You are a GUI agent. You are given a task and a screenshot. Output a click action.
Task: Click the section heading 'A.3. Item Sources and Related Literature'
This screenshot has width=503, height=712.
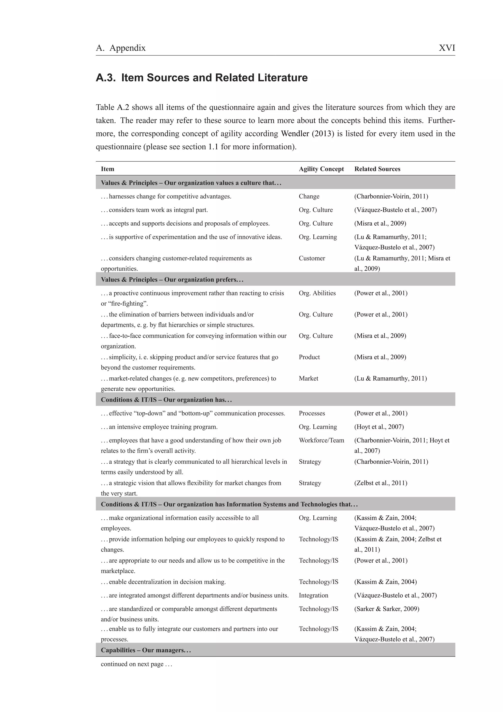pos(202,78)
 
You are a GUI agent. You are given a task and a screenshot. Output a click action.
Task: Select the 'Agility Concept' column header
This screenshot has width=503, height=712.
pos(321,169)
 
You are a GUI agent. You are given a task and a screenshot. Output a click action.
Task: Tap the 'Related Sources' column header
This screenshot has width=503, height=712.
pos(377,169)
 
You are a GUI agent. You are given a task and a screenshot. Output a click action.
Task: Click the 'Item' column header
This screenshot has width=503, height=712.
pos(108,169)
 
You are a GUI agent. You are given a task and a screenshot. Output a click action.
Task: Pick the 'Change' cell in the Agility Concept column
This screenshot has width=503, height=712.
pos(309,196)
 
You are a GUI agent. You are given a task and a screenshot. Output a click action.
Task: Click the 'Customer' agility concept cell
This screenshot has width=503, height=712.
pos(312,258)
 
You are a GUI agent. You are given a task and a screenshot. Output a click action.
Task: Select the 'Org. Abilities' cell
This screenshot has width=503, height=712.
pos(317,293)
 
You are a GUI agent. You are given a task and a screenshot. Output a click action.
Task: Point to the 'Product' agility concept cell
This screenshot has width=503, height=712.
pos(309,357)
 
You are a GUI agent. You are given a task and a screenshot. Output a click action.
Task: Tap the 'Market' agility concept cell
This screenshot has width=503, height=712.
pos(308,378)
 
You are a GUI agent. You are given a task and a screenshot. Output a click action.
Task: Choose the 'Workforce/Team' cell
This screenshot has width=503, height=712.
pos(321,440)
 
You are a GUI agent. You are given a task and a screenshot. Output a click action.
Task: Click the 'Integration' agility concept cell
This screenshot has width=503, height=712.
pos(313,595)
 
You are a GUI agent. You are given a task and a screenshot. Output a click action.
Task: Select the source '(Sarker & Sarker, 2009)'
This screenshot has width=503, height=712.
pos(387,609)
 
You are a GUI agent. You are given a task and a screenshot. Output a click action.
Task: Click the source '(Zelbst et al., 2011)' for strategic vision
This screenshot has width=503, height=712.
pos(381,483)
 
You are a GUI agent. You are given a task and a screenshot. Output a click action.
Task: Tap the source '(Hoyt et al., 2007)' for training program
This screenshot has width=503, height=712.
pos(379,427)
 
